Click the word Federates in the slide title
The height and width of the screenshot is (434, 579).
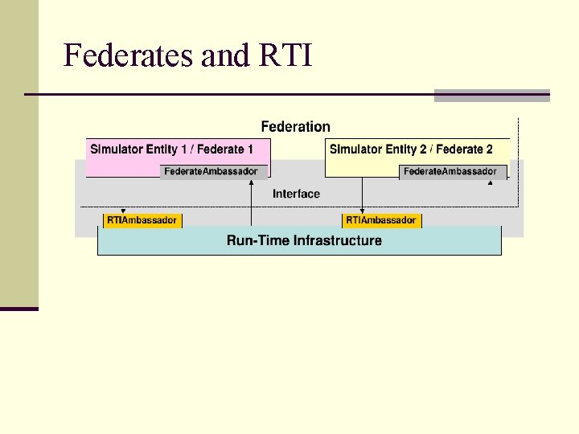(x=129, y=55)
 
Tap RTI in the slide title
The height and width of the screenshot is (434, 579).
(x=286, y=55)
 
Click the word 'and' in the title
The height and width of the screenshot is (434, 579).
(x=226, y=55)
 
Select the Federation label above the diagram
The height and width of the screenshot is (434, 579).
(x=295, y=126)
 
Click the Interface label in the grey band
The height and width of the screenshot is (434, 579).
(x=296, y=194)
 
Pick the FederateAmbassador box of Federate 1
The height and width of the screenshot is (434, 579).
(x=211, y=171)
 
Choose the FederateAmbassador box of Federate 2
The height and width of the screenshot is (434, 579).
(x=450, y=171)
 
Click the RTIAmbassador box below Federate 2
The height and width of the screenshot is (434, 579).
(x=381, y=220)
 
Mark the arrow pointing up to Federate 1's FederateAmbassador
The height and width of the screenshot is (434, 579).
(x=252, y=201)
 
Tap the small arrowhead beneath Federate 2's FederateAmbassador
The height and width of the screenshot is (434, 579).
(x=490, y=183)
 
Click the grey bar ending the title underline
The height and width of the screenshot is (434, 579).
(x=491, y=96)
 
